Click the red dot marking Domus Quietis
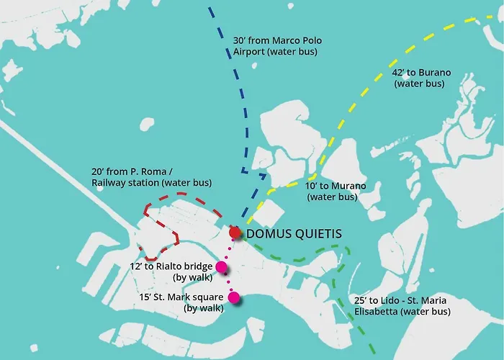(235, 233)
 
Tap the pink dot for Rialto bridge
(222, 268)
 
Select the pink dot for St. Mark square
(233, 297)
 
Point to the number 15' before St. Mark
(147, 297)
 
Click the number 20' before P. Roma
(99, 171)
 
